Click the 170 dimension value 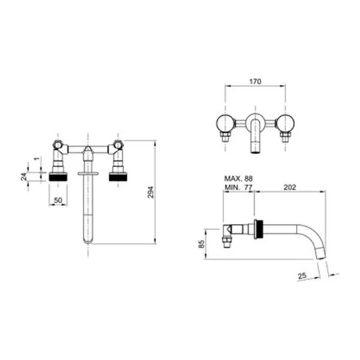[x=255, y=82]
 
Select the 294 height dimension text [x=151, y=192]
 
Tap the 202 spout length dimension [x=290, y=187]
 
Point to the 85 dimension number [x=201, y=244]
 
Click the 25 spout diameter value [x=302, y=275]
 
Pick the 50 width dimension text [x=58, y=200]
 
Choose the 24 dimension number [x=24, y=176]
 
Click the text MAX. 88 [x=238, y=178]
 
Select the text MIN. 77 [x=238, y=187]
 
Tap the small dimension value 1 [x=37, y=158]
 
